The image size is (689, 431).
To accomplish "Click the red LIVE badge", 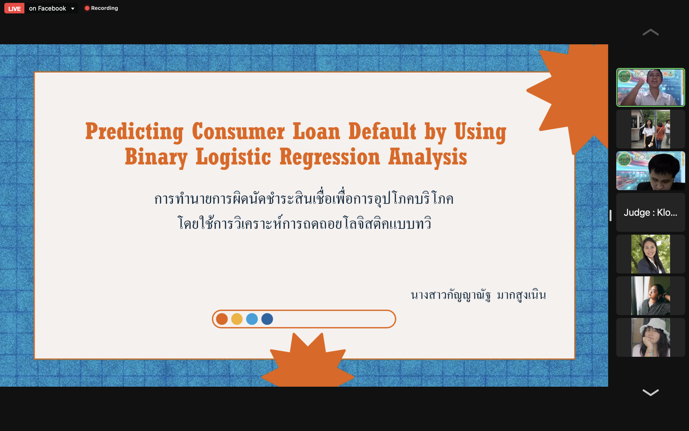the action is (x=14, y=8).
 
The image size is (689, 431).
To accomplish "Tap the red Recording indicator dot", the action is (x=87, y=8).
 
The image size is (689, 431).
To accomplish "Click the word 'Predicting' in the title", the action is (x=134, y=131).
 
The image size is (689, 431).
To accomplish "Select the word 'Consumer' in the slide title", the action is (x=238, y=131).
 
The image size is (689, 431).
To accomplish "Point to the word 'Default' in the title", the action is (x=382, y=131).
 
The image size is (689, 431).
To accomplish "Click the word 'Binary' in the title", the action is (x=156, y=157).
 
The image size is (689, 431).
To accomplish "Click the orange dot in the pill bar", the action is (x=222, y=319).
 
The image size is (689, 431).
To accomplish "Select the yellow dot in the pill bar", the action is (x=237, y=319).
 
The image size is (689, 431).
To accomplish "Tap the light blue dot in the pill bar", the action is (x=252, y=319).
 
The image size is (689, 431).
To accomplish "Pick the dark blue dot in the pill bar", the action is (x=267, y=319).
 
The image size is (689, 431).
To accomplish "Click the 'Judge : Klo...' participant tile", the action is (x=650, y=212).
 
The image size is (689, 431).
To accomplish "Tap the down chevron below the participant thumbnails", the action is (x=650, y=392).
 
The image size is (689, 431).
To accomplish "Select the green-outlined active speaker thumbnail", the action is (x=650, y=87).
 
